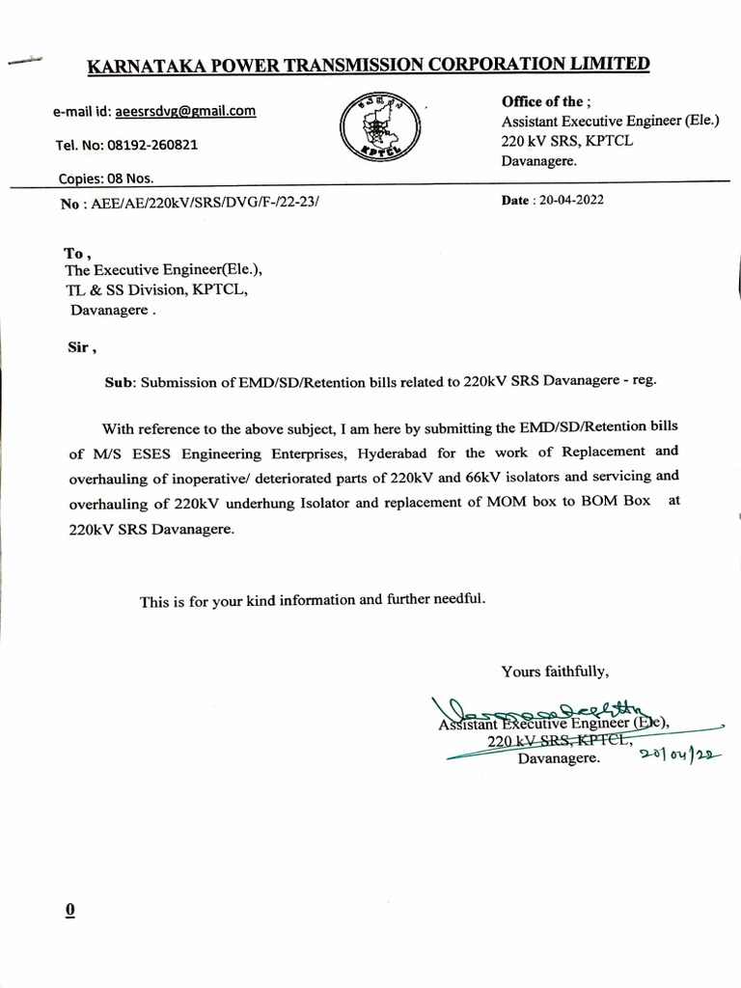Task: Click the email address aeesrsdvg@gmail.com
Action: point(185,111)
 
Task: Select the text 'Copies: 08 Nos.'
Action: point(105,178)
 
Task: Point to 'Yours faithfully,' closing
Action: point(555,671)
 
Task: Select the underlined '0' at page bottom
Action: point(69,910)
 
